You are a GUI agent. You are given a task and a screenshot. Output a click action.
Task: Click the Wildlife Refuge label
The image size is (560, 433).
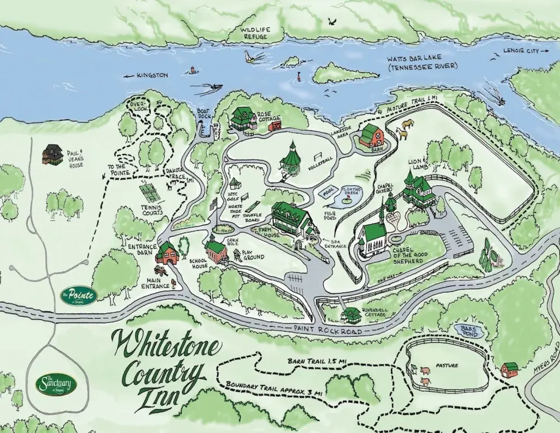click(255, 33)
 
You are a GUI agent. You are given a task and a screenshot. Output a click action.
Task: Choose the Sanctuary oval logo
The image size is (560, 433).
click(56, 384)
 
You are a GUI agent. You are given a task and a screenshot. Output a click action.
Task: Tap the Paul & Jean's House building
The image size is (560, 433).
click(52, 154)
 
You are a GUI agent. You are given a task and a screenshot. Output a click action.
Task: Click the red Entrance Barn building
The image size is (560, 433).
click(167, 253)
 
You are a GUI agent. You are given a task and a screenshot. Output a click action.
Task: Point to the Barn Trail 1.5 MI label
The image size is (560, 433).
click(317, 361)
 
